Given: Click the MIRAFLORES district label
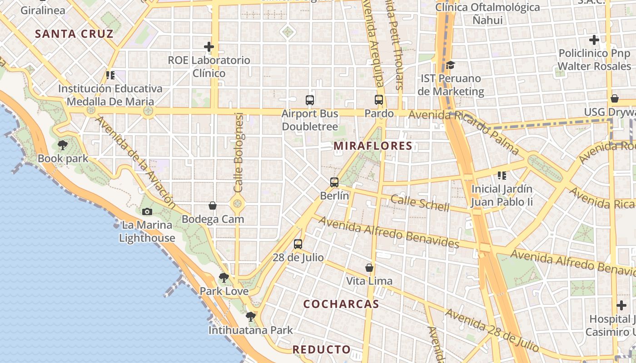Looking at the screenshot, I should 373,146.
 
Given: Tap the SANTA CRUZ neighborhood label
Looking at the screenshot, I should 74,34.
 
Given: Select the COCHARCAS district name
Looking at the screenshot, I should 341,304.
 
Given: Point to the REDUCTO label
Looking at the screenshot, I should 322,349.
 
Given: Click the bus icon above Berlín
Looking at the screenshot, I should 334,182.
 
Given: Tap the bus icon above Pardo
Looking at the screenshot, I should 379,100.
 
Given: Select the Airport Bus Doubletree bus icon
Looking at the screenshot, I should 310,100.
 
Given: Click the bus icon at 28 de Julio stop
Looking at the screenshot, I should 298,244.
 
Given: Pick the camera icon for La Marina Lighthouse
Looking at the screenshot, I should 147,211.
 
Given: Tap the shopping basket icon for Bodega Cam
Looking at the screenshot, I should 213,206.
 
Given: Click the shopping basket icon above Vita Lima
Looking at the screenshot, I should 369,268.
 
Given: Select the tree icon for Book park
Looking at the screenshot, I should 63,145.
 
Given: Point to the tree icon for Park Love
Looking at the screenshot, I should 224,278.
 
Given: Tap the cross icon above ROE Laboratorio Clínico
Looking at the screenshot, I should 209,47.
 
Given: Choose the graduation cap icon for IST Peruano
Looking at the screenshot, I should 450,65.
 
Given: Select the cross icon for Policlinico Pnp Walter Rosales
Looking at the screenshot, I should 594,40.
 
